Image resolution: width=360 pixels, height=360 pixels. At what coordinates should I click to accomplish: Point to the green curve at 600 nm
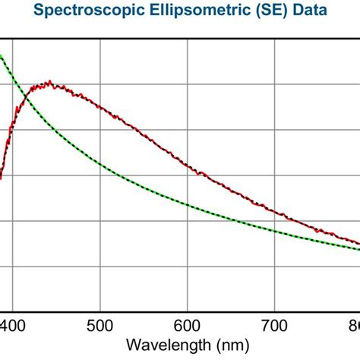pyautogui.click(x=188, y=204)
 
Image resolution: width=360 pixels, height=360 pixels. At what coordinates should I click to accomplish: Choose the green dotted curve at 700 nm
pyautogui.click(x=276, y=229)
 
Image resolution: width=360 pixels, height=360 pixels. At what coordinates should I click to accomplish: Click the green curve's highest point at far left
pyautogui.click(x=2, y=55)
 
